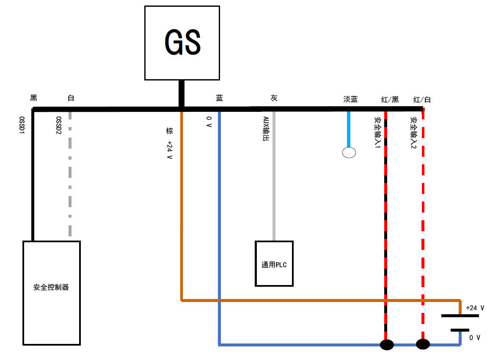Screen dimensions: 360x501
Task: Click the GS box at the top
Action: coord(182,43)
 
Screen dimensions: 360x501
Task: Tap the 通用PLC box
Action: coord(274,263)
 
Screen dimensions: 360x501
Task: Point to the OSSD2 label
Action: coord(59,126)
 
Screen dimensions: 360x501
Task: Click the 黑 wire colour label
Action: coord(34,98)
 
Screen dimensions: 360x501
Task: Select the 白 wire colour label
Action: coord(71,98)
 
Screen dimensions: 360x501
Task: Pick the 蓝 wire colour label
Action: coord(219,98)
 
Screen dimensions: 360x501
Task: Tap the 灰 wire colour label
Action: coord(274,98)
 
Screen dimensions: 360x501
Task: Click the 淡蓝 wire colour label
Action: coord(350,99)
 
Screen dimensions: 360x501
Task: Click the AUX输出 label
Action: coord(266,129)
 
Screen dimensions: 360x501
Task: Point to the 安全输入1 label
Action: coord(377,133)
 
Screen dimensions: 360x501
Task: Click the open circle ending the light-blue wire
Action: coord(349,152)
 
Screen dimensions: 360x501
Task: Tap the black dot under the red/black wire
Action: coord(387,344)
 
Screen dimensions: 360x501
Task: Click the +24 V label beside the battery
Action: coord(475,308)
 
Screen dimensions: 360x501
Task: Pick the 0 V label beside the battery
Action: coord(475,338)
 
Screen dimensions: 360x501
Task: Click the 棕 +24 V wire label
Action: coord(169,143)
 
